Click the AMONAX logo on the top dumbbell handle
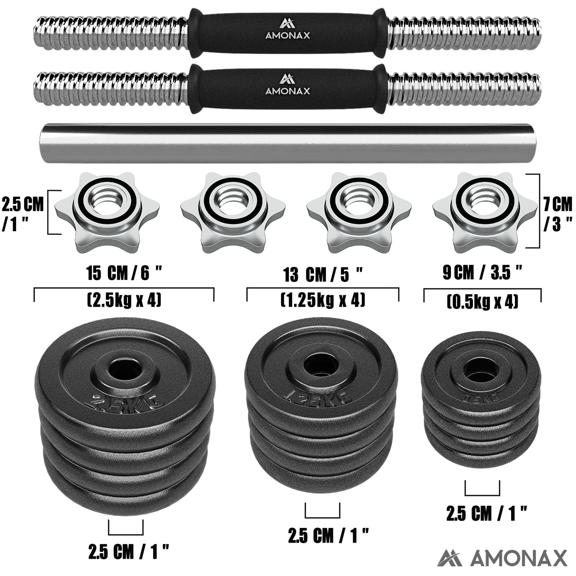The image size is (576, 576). pyautogui.click(x=287, y=30)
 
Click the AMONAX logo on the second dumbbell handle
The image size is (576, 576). pyautogui.click(x=287, y=85)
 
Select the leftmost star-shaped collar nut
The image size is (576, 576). pyautogui.click(x=107, y=212)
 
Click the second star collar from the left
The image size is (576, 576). pyautogui.click(x=233, y=212)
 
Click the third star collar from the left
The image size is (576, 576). pyautogui.click(x=359, y=212)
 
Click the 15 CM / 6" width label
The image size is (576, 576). pyautogui.click(x=124, y=273)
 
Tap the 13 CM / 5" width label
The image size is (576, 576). pyautogui.click(x=323, y=275)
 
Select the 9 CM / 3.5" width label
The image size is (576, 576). pyautogui.click(x=482, y=273)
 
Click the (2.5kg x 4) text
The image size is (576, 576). pyautogui.click(x=124, y=300)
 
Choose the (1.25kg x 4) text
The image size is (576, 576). pyautogui.click(x=323, y=300)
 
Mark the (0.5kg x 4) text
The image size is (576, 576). pyautogui.click(x=482, y=301)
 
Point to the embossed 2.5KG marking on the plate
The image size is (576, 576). pyautogui.click(x=126, y=399)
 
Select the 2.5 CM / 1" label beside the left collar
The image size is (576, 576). pyautogui.click(x=23, y=214)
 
